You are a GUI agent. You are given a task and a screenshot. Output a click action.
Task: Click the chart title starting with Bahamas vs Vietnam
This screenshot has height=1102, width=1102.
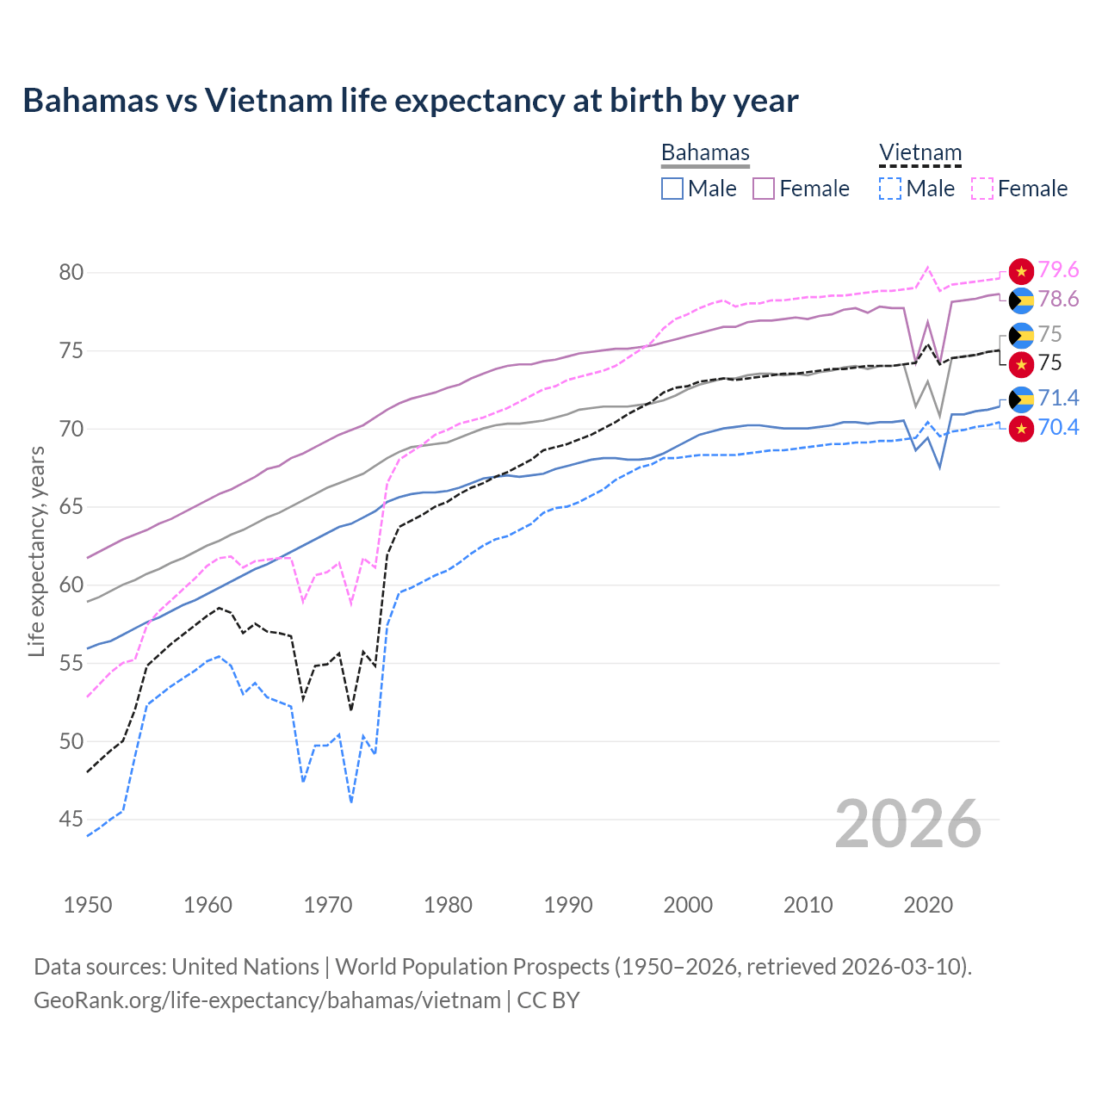click(x=411, y=101)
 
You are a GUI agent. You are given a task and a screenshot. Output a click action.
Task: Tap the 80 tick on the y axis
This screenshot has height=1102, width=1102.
click(x=71, y=273)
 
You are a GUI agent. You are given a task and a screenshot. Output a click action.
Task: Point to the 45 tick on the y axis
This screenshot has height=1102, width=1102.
click(x=71, y=820)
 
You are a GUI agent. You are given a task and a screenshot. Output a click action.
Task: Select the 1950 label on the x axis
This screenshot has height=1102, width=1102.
click(x=88, y=905)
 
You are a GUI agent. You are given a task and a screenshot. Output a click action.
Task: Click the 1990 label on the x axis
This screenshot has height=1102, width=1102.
click(x=568, y=905)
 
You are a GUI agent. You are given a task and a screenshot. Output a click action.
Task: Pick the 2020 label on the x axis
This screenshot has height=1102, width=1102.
click(x=928, y=905)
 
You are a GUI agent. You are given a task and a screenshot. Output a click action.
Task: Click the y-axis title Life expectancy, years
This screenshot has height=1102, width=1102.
click(x=36, y=551)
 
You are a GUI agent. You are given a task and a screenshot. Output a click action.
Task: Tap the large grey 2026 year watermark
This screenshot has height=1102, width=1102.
click(x=907, y=824)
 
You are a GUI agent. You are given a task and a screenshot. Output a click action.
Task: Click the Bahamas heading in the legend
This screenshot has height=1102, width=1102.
click(x=705, y=153)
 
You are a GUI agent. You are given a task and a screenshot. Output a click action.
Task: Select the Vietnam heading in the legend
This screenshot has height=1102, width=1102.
click(x=919, y=153)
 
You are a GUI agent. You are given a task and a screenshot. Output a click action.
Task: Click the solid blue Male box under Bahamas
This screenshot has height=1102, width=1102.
click(x=672, y=189)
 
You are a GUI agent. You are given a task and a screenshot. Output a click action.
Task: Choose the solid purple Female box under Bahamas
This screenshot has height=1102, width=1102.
click(x=764, y=189)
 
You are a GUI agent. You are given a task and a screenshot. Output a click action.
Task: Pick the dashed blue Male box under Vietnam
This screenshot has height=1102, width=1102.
click(x=890, y=189)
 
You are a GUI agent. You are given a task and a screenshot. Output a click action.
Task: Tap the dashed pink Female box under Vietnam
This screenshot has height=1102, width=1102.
click(x=982, y=189)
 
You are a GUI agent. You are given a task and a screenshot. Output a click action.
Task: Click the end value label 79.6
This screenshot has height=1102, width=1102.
click(x=1058, y=270)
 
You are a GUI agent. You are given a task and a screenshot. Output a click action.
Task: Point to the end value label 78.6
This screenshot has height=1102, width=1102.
click(x=1058, y=300)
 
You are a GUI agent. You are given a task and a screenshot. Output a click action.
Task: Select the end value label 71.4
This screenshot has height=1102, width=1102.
click(x=1058, y=398)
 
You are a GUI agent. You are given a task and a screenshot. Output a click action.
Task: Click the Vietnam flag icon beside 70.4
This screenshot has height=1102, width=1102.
click(x=1021, y=428)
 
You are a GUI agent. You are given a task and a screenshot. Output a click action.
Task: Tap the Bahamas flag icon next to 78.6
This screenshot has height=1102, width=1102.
click(x=1021, y=300)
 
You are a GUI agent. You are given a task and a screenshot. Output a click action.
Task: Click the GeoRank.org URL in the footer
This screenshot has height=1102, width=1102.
click(x=267, y=1000)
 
